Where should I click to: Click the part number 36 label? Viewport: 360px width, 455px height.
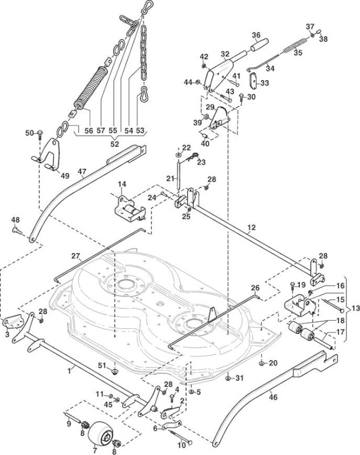coord(256,35)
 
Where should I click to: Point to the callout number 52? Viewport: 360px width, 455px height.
coord(115,144)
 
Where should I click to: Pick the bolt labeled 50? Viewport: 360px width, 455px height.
coord(40,134)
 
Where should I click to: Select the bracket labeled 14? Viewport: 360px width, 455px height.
coord(129,208)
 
